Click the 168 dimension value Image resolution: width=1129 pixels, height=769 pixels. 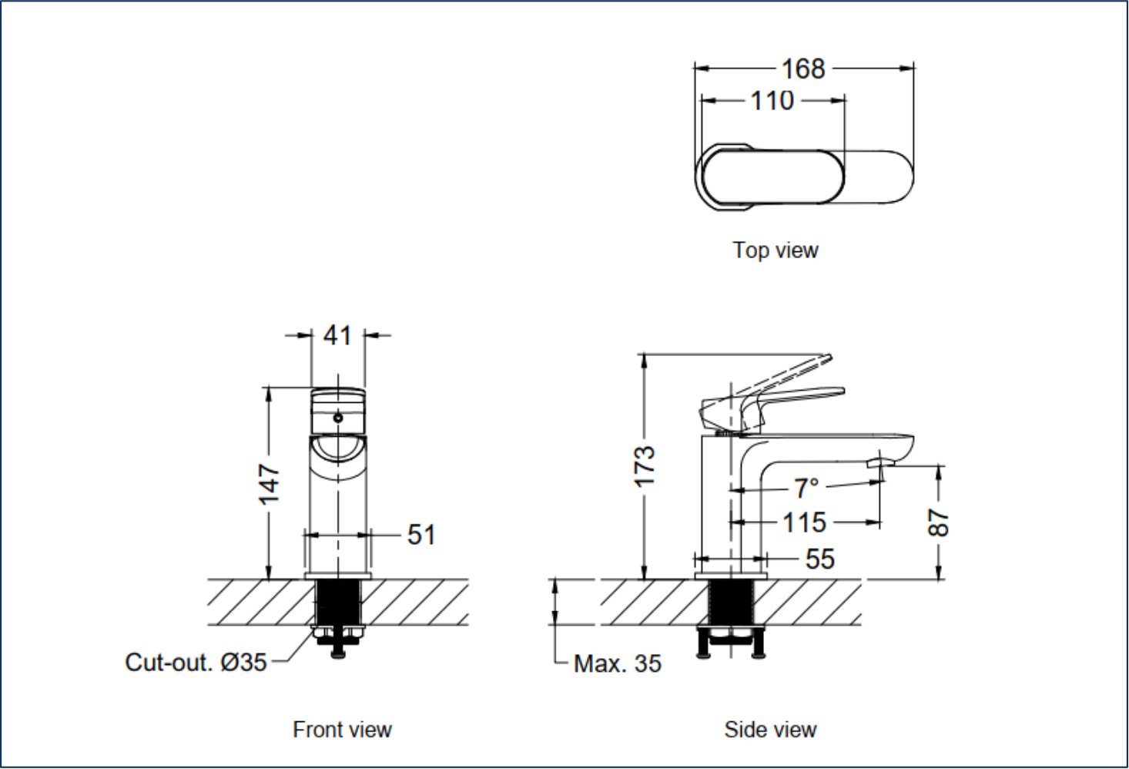pyautogui.click(x=803, y=69)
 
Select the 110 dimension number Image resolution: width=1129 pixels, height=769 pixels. pyautogui.click(x=772, y=101)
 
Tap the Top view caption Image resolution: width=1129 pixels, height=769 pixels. pyautogui.click(x=775, y=250)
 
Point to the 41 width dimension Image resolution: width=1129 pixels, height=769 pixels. pyautogui.click(x=337, y=335)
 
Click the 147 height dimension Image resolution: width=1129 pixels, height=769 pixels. pyautogui.click(x=269, y=484)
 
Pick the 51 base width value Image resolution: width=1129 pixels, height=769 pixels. pyautogui.click(x=420, y=535)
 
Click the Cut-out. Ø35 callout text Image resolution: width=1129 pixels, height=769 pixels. pyautogui.click(x=196, y=662)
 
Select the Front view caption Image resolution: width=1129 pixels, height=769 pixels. pyautogui.click(x=342, y=730)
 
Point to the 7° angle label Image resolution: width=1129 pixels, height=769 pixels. pyautogui.click(x=806, y=488)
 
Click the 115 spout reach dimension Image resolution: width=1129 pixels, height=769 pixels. pyautogui.click(x=804, y=523)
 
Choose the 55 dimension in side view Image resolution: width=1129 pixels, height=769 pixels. pyautogui.click(x=819, y=559)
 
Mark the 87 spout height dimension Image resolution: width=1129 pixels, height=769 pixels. pyautogui.click(x=940, y=522)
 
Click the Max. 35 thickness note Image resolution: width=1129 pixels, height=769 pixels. pyautogui.click(x=617, y=663)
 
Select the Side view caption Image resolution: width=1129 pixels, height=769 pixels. pyautogui.click(x=770, y=730)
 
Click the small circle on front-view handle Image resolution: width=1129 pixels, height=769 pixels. pyautogui.click(x=337, y=418)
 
